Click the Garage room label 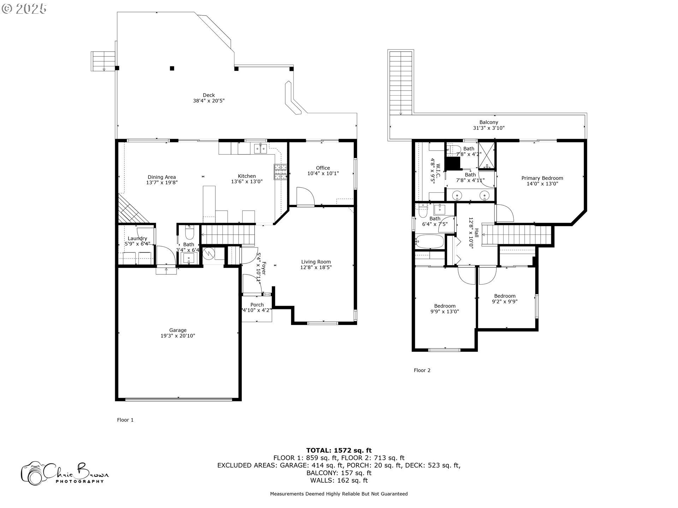(178, 333)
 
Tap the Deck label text (209, 98)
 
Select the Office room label (323, 171)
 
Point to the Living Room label (316, 265)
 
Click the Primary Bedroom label (542, 181)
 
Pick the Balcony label (489, 125)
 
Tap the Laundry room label (137, 241)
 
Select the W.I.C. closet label (435, 173)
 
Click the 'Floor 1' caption (125, 420)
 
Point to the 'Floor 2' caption (422, 370)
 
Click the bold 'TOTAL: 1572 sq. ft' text (339, 450)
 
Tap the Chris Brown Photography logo (65, 473)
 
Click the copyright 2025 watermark (24, 8)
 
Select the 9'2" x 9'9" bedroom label (505, 299)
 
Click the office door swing (305, 196)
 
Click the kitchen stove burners (281, 172)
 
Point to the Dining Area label (162, 180)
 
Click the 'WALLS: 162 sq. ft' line (339, 480)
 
